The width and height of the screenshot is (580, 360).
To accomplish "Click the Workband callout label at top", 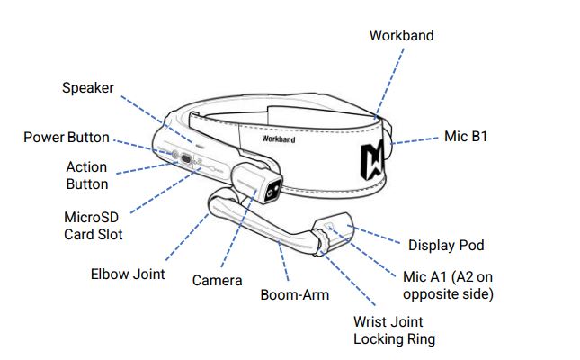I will click(x=401, y=35).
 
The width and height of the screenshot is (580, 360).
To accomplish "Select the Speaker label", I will click(x=88, y=87).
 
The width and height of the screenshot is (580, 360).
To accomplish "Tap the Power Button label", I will click(x=66, y=138).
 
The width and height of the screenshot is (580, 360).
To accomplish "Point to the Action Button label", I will click(x=86, y=175).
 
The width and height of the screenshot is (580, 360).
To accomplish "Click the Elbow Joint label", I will click(x=128, y=274).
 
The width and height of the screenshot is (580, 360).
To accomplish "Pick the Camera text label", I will click(x=217, y=280).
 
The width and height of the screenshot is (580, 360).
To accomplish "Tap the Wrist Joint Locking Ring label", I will click(x=388, y=330).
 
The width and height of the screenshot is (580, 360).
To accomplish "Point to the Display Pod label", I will click(x=446, y=245).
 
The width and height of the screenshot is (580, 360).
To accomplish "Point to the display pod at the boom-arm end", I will click(x=335, y=232).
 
